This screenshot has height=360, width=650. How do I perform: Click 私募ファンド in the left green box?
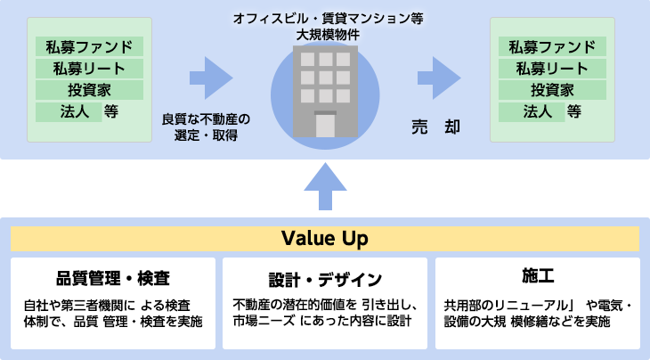pos(89,46)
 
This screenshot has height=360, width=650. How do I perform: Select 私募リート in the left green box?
pos(89,68)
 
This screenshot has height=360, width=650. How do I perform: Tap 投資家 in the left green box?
pos(89,90)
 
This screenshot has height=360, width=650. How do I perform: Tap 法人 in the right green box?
pos(537,111)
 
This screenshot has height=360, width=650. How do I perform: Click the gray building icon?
pos(318,85)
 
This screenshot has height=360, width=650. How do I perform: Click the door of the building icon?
pos(318,124)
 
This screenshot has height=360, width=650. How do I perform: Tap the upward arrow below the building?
pos(324,189)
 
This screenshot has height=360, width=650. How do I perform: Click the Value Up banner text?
pos(324,239)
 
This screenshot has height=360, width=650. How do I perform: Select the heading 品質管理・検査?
pos(113,276)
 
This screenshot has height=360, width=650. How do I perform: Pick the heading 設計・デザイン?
pos(325,276)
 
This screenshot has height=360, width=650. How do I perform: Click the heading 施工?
pos(537,274)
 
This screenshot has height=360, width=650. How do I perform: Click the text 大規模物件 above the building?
pos(329,33)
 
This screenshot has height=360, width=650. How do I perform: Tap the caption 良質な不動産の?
pos(207,118)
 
